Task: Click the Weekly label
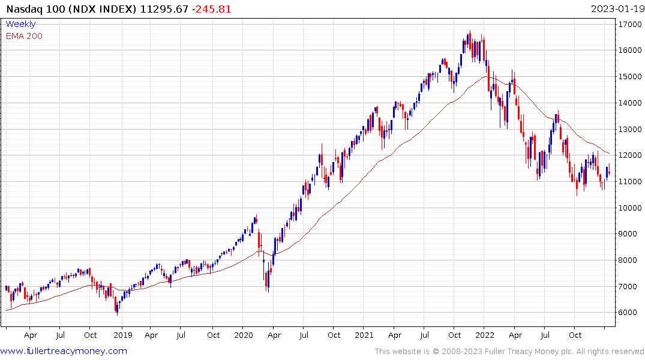(x=20, y=24)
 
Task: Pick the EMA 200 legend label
(x=24, y=36)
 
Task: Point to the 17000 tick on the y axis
(x=628, y=24)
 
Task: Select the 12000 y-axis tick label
(x=628, y=155)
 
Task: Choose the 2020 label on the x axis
(x=243, y=335)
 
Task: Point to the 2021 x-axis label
(x=364, y=335)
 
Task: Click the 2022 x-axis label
(x=485, y=335)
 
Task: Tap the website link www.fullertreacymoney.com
(x=64, y=351)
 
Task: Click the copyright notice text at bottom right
(x=509, y=351)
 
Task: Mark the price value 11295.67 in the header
(x=157, y=9)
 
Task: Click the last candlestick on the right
(x=609, y=173)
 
